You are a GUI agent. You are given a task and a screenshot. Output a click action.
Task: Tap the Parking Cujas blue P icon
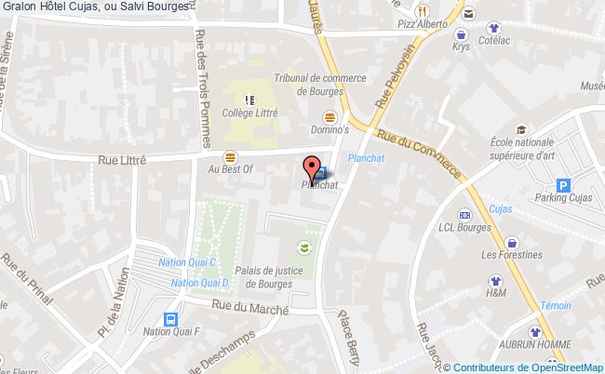pyautogui.click(x=562, y=185)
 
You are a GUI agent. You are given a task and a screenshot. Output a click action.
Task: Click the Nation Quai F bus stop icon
pyautogui.click(x=168, y=316)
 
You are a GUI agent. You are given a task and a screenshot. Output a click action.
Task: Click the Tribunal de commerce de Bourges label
pyautogui.click(x=308, y=86)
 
